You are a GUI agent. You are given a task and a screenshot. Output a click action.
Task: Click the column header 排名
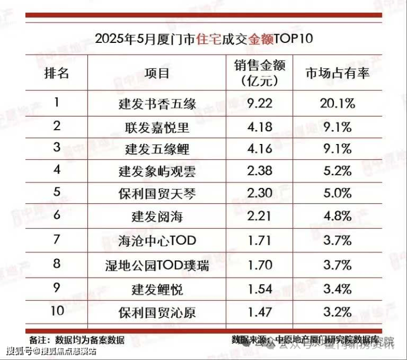point(57,74)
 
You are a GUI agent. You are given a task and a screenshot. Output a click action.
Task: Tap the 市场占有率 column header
point(338,74)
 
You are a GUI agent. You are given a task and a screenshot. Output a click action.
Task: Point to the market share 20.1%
point(338,102)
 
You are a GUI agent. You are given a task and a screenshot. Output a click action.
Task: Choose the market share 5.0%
point(338,194)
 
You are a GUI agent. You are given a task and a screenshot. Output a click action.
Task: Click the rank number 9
point(57,288)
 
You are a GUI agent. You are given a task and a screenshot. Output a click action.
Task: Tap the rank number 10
point(57,312)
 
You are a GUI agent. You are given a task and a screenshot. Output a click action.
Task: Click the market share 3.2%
point(338,312)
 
